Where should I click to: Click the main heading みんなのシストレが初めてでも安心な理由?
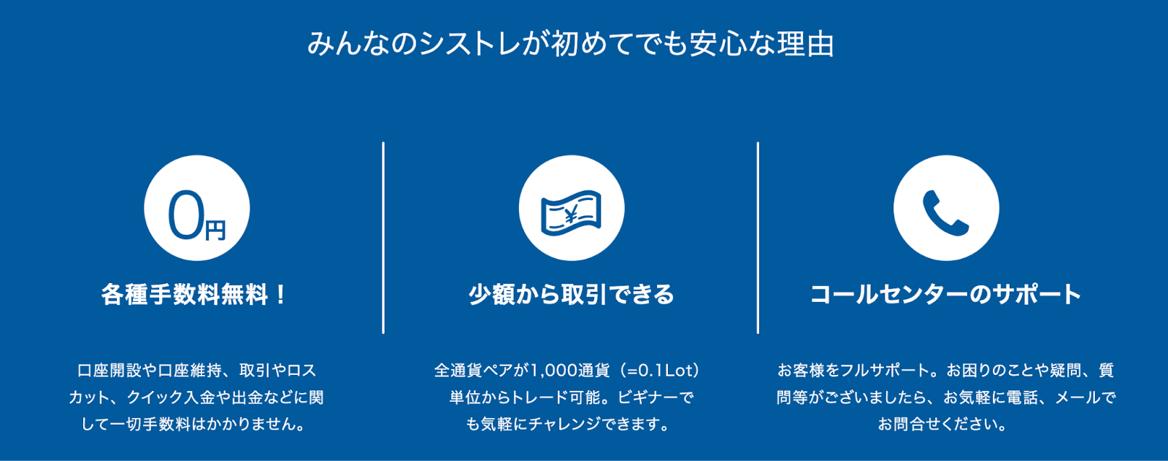[570, 44]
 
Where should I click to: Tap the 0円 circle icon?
[196, 208]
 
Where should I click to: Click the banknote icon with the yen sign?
[571, 212]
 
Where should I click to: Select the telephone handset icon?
[945, 212]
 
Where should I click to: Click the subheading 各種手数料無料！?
[195, 295]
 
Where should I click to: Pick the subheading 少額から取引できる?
[571, 295]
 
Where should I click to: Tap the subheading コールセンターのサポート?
[945, 295]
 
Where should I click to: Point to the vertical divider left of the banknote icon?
[383, 237]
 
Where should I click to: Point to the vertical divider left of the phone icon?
[758, 237]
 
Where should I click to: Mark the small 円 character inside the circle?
[215, 230]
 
